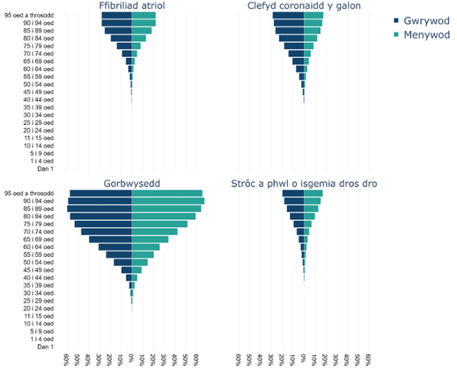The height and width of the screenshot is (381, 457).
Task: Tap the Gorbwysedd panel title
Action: coord(132,184)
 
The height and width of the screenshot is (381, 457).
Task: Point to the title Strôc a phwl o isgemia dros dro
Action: coord(304,184)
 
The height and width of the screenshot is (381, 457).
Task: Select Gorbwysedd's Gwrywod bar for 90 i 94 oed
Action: coord(100,201)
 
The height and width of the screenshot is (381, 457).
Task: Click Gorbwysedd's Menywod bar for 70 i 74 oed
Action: coord(155,232)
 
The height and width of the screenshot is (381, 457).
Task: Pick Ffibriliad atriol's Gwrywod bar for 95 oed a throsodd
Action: coord(117,15)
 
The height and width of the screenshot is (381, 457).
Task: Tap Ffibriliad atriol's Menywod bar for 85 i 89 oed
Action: coord(142,30)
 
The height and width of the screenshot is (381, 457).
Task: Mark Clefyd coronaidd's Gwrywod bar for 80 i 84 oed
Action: coord(291,38)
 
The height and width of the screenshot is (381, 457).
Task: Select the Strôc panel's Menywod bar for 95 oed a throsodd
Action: coord(313,194)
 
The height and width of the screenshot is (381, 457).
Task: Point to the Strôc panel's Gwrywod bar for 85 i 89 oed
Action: coord(295,209)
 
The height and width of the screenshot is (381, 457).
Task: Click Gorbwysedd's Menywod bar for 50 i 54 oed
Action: coord(139,262)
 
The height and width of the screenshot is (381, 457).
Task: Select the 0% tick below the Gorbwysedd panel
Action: coord(132,358)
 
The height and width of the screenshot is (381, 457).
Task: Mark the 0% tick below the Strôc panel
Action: coord(304,358)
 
